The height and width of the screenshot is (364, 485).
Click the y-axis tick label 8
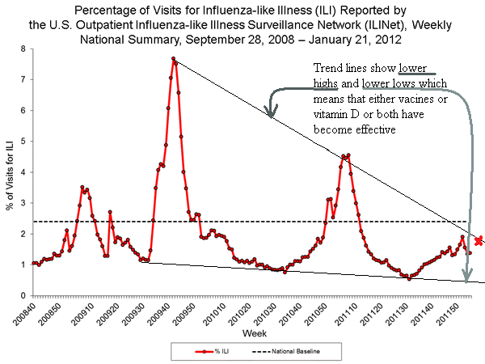pos(22,49)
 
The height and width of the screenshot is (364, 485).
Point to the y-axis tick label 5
pos(22,142)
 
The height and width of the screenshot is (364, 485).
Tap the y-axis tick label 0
pos(22,295)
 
